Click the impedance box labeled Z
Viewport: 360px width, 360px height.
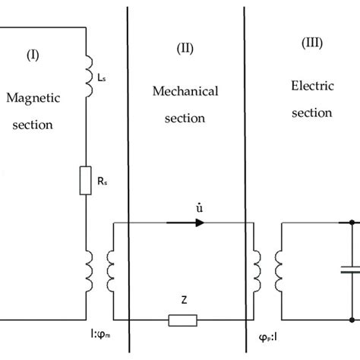click(182, 319)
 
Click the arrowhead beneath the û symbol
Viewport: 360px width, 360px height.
click(198, 223)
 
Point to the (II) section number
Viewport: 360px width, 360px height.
click(185, 48)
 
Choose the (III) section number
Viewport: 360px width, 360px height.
click(311, 44)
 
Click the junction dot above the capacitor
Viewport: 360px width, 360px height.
click(352, 223)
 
